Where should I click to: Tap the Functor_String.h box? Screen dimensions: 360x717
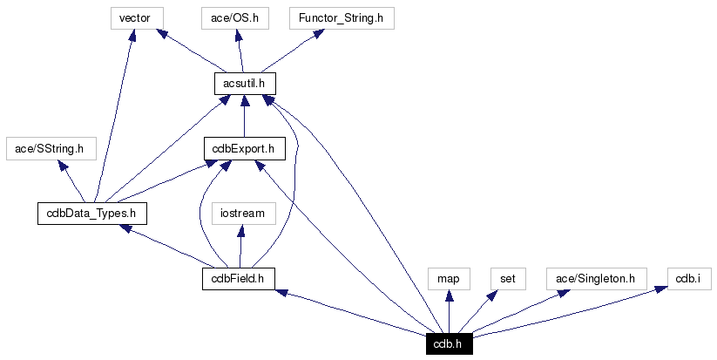click(x=334, y=17)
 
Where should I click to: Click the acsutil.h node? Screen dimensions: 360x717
click(x=245, y=83)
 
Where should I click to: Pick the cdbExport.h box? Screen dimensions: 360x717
click(x=244, y=148)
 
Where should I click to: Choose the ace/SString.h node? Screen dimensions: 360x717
click(x=50, y=148)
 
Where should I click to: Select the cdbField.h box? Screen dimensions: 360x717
click(x=238, y=278)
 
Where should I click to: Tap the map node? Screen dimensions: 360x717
click(x=449, y=278)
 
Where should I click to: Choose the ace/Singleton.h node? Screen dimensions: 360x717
click(x=596, y=278)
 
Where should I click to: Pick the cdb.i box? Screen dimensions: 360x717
click(x=688, y=278)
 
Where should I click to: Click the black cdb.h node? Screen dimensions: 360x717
click(x=449, y=343)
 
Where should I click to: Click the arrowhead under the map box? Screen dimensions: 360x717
click(x=449, y=295)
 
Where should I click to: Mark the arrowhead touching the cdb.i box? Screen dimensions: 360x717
click(x=662, y=290)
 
